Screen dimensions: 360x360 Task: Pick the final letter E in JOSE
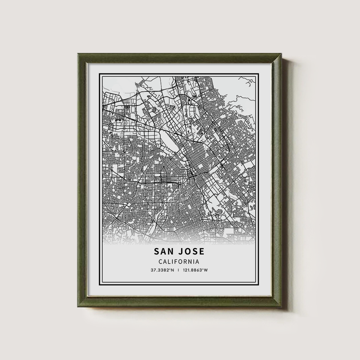click(202, 251)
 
